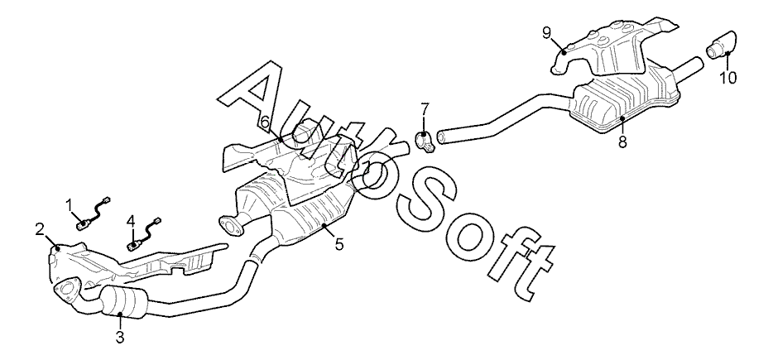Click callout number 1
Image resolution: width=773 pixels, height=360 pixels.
point(70,203)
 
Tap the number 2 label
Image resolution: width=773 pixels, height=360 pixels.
point(39,229)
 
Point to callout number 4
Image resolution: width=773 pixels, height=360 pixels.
point(130,221)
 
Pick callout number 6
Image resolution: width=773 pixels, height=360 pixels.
point(265,123)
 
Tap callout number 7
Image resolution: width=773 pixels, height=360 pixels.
point(425,108)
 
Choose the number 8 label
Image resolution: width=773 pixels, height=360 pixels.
point(622,142)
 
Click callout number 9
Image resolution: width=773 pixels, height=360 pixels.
point(546,32)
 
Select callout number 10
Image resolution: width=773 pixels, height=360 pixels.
point(727,79)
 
